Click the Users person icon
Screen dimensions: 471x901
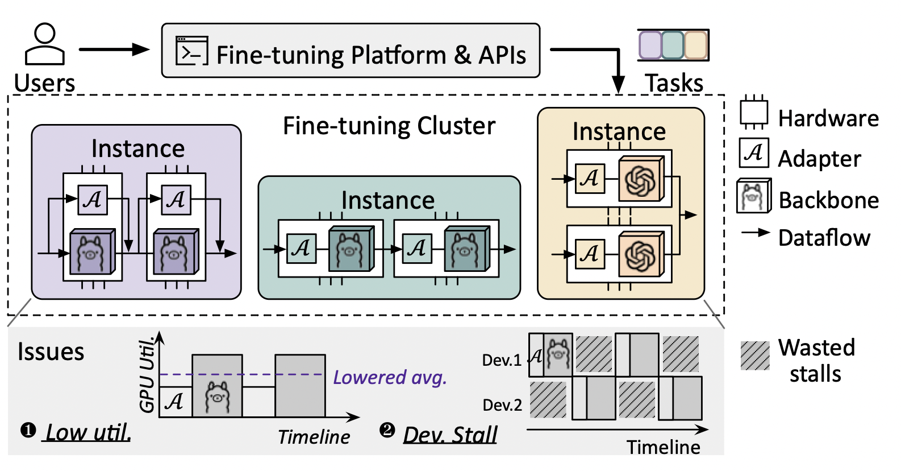[x=44, y=44]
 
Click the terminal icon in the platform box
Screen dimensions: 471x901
[x=191, y=51]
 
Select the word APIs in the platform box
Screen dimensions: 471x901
[x=502, y=55]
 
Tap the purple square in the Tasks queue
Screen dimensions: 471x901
[x=650, y=45]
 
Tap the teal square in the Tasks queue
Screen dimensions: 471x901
[x=673, y=45]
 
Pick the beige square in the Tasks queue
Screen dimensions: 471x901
[x=696, y=45]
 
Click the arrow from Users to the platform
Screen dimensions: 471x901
[x=113, y=49]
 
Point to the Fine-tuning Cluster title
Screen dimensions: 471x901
[x=389, y=126]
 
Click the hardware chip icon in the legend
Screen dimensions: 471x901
[x=754, y=113]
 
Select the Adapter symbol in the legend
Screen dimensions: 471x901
[x=754, y=153]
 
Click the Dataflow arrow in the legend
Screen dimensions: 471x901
[x=756, y=233]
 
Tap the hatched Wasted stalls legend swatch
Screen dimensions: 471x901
[x=755, y=356]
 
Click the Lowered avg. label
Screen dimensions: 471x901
[x=390, y=377]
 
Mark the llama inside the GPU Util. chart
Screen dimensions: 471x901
[x=217, y=397]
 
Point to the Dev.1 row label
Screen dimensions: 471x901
[x=502, y=360]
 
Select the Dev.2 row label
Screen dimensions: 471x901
[x=502, y=405]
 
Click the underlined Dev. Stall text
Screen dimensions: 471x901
[x=450, y=435]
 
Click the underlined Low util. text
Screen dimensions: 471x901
[x=88, y=432]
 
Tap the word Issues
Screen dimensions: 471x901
[x=51, y=352]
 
